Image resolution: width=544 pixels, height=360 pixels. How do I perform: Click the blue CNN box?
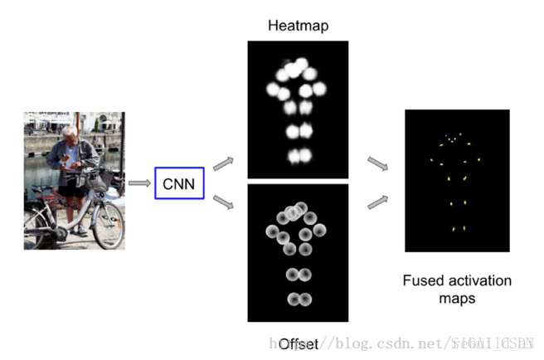click(x=178, y=182)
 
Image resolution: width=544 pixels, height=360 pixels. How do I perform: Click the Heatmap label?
click(x=298, y=26)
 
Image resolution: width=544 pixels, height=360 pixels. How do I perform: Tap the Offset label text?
click(x=298, y=343)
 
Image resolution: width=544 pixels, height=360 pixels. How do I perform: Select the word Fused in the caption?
click(x=422, y=280)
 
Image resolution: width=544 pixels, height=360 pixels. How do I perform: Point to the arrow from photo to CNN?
click(x=138, y=182)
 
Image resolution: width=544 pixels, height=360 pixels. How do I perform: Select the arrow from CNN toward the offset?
click(x=223, y=203)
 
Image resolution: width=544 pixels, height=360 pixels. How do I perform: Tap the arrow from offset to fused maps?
click(x=376, y=200)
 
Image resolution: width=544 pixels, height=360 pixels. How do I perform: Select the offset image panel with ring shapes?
click(x=298, y=253)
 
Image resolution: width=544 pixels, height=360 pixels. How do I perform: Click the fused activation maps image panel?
click(x=456, y=180)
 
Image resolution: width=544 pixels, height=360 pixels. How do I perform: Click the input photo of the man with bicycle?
click(x=74, y=180)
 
